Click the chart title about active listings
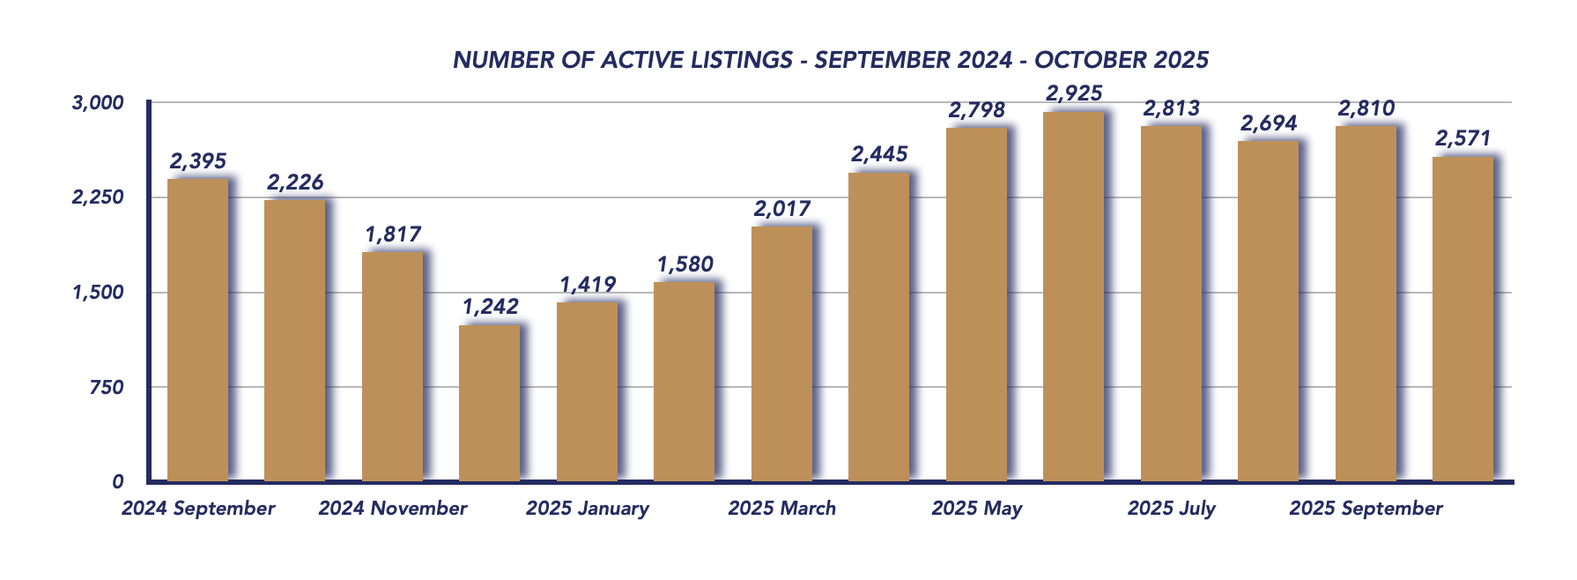pyautogui.click(x=830, y=60)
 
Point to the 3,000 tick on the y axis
pyautogui.click(x=98, y=103)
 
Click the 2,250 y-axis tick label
pyautogui.click(x=98, y=197)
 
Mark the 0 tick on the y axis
pyautogui.click(x=118, y=481)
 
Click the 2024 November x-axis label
pyautogui.click(x=393, y=509)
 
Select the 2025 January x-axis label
pyautogui.click(x=588, y=509)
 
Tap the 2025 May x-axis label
pyautogui.click(x=976, y=509)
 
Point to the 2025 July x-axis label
pyautogui.click(x=1171, y=509)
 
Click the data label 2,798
pyautogui.click(x=976, y=110)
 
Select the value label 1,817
pyautogui.click(x=393, y=234)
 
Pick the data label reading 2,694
pyautogui.click(x=1269, y=123)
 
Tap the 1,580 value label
pyautogui.click(x=685, y=264)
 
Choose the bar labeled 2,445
pyautogui.click(x=878, y=327)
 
